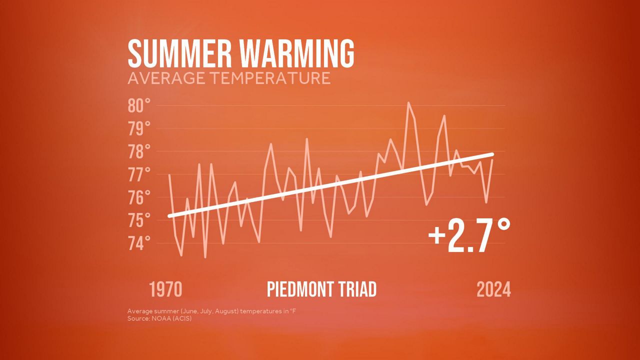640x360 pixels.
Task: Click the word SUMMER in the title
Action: (x=179, y=53)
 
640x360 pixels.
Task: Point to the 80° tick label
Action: (x=139, y=105)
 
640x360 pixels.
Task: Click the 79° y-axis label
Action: (x=139, y=128)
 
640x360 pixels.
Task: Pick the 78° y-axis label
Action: (x=139, y=151)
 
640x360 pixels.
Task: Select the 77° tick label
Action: (x=139, y=174)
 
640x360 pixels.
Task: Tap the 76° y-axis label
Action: (x=139, y=197)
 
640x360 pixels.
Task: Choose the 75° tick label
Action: (x=139, y=220)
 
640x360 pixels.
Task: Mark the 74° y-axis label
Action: (x=139, y=243)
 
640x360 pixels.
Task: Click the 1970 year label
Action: (x=165, y=289)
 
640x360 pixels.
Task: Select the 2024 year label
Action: (x=493, y=289)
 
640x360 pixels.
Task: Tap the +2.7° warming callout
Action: (x=469, y=235)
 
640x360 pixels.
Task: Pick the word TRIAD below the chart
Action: (x=358, y=289)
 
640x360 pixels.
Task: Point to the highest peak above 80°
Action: (x=408, y=102)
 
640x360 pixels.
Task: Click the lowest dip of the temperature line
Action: (x=205, y=257)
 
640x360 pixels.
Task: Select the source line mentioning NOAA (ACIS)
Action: (x=159, y=318)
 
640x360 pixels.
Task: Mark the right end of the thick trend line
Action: (x=492, y=154)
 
